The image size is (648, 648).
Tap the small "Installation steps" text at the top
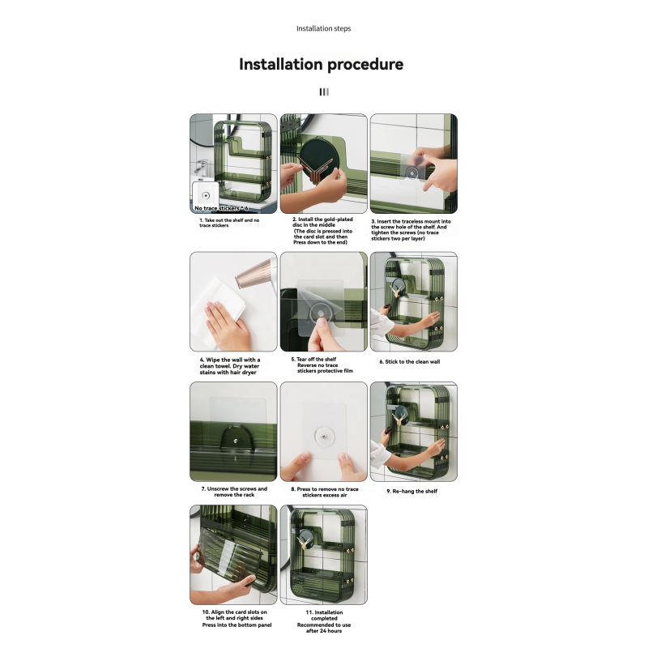tap(323, 28)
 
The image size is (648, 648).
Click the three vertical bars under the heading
tap(323, 92)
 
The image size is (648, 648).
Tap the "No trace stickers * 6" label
tap(220, 208)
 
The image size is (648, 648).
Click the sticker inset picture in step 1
tap(206, 195)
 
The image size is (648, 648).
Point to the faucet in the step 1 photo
tap(198, 166)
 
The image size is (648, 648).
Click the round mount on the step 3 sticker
tap(413, 173)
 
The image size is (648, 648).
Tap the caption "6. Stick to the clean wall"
tap(409, 361)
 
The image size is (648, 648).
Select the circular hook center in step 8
tap(323, 439)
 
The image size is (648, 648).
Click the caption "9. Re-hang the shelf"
tap(411, 491)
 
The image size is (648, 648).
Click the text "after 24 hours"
tap(324, 632)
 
